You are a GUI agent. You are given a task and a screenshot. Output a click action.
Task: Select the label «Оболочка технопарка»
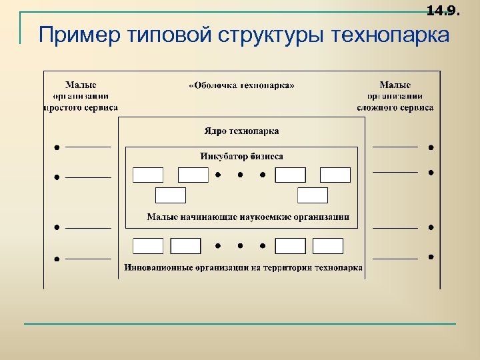coord(241,85)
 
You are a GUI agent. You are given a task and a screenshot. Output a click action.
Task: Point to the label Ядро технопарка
coord(241,131)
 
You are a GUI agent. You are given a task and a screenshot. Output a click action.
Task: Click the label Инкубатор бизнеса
coord(241,157)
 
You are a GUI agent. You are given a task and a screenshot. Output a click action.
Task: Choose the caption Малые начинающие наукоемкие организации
coord(248,217)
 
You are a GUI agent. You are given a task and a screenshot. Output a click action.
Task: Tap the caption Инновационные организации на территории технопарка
coord(243,268)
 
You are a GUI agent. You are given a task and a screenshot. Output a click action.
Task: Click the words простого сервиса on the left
coord(81,107)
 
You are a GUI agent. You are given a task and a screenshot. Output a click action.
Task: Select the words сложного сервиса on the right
coord(395,107)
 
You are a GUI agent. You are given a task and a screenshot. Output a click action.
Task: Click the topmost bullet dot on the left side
coord(57,146)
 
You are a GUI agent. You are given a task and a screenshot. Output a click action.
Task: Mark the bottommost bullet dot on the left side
coord(57,258)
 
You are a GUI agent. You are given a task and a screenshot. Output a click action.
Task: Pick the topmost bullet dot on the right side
coord(431,146)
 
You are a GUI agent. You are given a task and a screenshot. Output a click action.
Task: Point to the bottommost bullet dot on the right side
coord(431,257)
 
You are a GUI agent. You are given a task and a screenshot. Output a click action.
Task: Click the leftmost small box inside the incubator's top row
coord(148,175)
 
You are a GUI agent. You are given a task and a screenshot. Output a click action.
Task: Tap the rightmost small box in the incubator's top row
coord(335,175)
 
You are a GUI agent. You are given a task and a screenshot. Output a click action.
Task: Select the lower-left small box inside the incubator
coord(170,195)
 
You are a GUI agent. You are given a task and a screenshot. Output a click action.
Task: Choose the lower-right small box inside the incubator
coord(313,195)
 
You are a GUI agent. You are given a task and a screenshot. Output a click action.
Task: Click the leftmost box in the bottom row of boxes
coord(148,246)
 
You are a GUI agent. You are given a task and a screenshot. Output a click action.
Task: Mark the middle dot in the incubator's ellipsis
coord(240,175)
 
